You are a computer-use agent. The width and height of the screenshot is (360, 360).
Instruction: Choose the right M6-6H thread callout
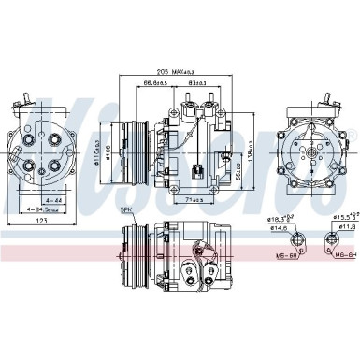click(x=344, y=254)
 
